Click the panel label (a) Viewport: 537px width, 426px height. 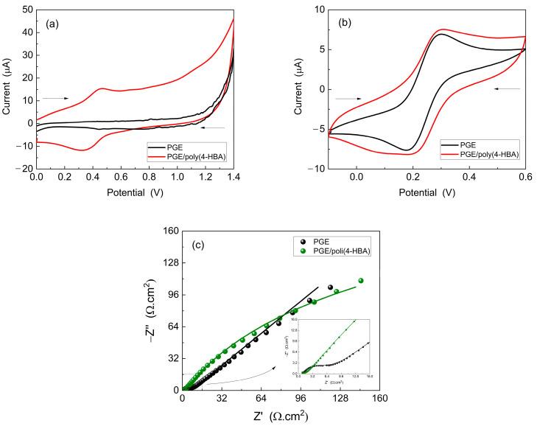coord(52,24)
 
